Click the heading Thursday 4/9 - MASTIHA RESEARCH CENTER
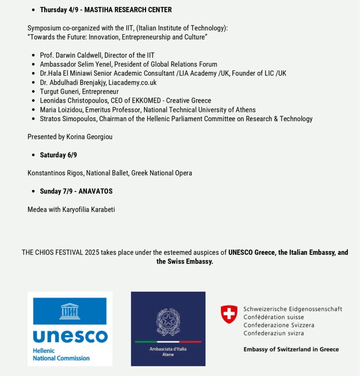[x=106, y=10]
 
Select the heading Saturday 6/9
[x=58, y=155]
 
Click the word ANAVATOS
[x=95, y=191]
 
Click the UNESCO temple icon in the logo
[x=70, y=311]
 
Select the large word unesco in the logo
[x=70, y=336]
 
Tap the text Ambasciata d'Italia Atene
[x=168, y=352]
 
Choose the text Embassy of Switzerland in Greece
[x=291, y=349]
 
